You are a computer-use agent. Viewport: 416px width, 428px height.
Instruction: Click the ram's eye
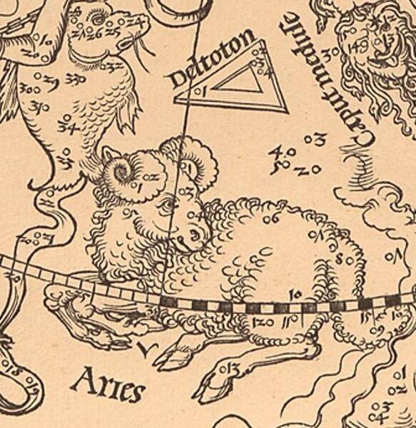tap(166, 206)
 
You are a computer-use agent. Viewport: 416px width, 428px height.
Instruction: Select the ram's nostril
tap(187, 238)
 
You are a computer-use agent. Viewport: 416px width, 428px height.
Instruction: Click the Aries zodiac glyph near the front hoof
tap(147, 349)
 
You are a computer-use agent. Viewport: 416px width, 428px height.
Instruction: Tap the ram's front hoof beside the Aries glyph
tap(168, 355)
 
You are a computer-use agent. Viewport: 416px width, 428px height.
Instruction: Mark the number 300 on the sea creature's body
tap(30, 90)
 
